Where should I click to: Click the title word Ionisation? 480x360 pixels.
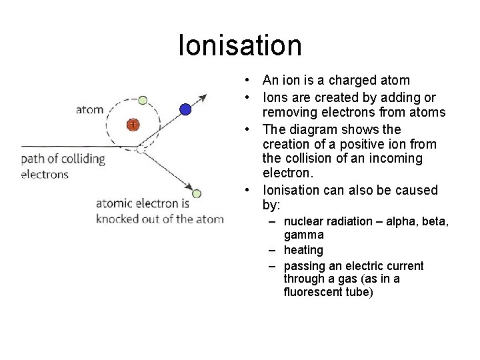click(240, 45)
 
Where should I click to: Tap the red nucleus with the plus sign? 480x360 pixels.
click(133, 124)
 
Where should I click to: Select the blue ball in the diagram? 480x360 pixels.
click(185, 109)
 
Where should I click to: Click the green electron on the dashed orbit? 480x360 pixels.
click(142, 100)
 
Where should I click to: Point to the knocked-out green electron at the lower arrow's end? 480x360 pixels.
click(197, 193)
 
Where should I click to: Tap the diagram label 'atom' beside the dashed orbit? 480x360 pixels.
click(90, 109)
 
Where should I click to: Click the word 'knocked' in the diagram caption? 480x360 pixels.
click(121, 219)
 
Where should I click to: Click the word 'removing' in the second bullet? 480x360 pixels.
click(290, 113)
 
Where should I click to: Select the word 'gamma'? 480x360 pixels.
click(303, 235)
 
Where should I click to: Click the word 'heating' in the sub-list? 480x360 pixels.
click(303, 250)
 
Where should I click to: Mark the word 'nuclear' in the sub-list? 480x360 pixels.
click(303, 221)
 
